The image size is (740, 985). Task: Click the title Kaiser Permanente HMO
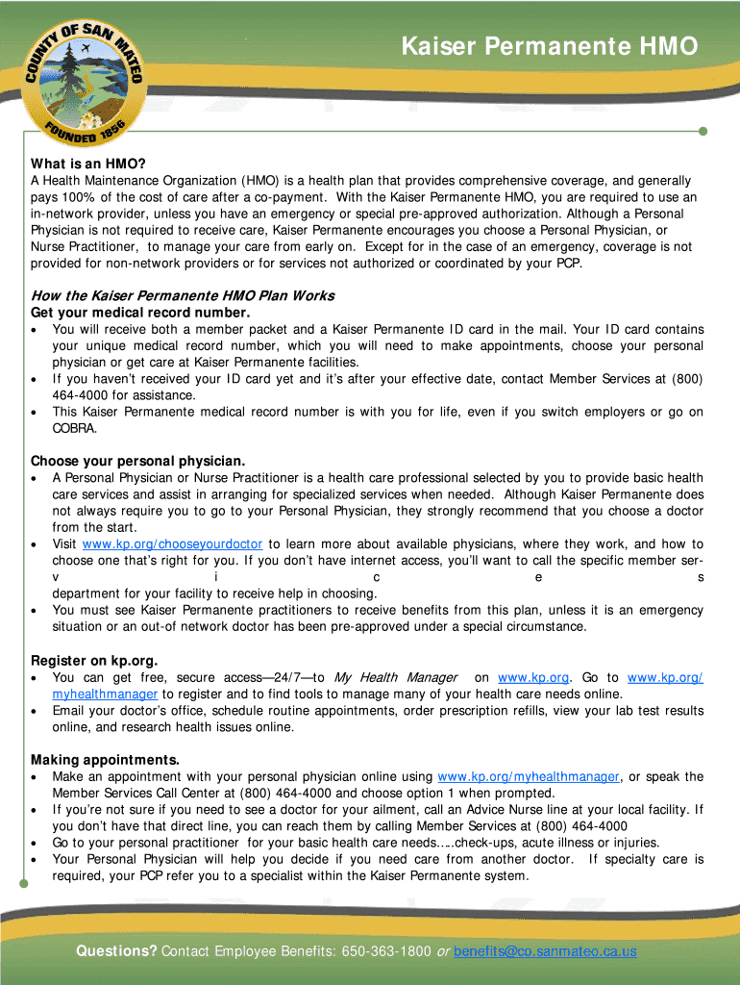549,47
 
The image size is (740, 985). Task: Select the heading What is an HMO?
87,164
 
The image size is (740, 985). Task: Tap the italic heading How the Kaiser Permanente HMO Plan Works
183,295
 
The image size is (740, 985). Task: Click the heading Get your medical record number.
140,313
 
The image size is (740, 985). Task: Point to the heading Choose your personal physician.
137,461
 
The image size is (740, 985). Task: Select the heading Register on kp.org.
94,660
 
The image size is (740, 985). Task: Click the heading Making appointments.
105,760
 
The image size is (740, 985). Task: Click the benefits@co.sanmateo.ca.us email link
545,951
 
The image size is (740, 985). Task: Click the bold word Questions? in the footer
116,951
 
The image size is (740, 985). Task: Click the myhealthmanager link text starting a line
105,695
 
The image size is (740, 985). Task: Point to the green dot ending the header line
703,131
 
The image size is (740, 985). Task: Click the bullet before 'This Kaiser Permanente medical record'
36,413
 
